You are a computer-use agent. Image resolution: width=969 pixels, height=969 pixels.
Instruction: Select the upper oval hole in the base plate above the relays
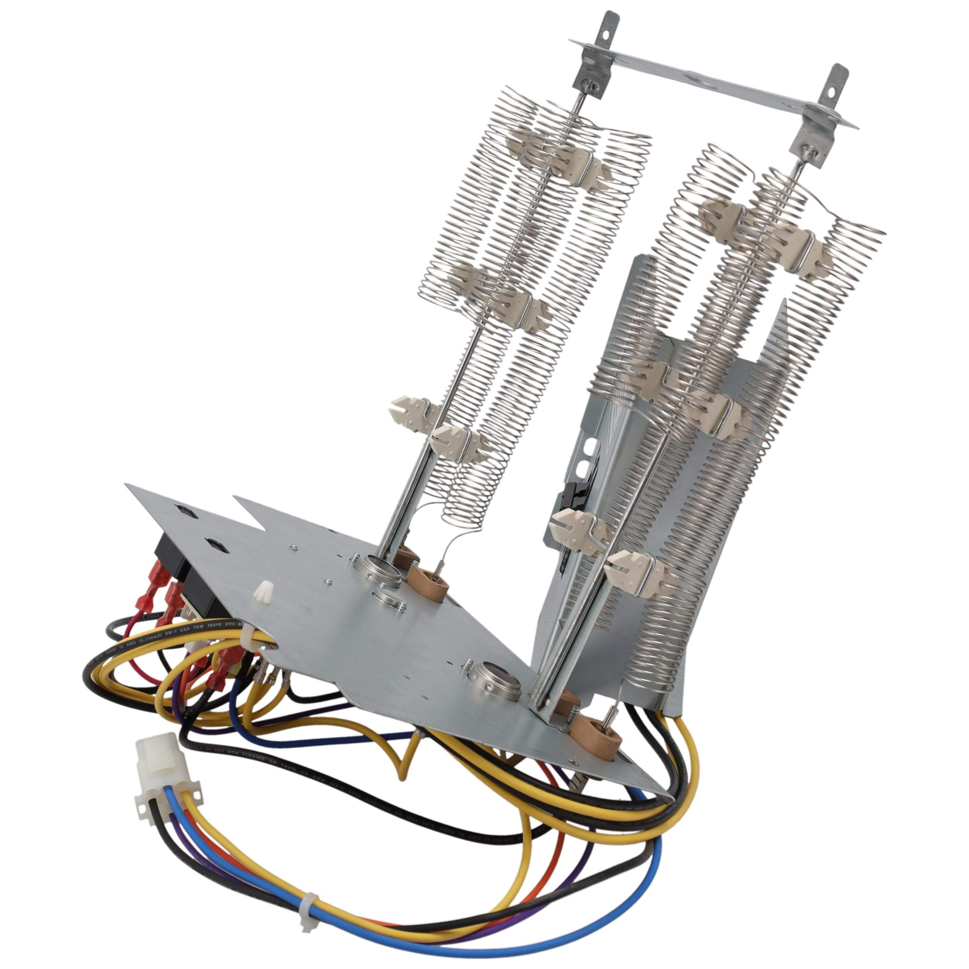click(x=181, y=510)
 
